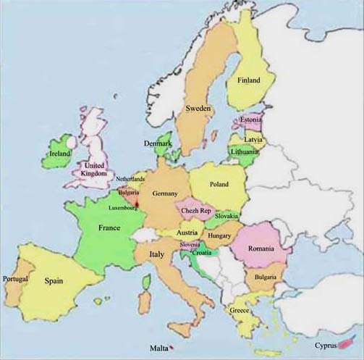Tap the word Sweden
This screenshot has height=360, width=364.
[198, 108]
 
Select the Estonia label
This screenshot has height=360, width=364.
[250, 120]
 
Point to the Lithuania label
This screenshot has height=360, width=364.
[244, 152]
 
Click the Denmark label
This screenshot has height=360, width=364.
[158, 143]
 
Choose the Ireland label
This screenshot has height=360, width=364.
[59, 154]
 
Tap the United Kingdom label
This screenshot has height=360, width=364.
[94, 169]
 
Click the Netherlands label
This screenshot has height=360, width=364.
[130, 179]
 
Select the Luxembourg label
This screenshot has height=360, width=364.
[123, 208]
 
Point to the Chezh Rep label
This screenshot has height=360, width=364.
[195, 210]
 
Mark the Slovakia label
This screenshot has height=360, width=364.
[227, 217]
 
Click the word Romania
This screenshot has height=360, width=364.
[261, 248]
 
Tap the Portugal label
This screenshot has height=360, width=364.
[15, 279]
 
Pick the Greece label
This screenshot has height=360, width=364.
[240, 310]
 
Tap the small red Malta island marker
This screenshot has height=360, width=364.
[172, 348]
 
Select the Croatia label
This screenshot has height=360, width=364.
[201, 253]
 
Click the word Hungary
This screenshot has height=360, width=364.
[219, 235]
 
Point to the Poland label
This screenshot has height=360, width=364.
[219, 185]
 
